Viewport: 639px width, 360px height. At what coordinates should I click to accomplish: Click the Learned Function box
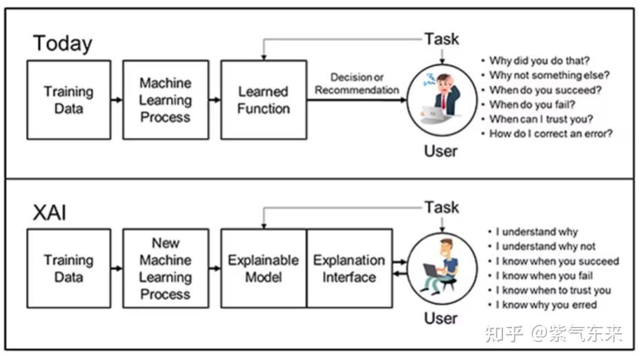coord(263,100)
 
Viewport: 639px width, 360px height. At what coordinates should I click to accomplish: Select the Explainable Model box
coord(263,268)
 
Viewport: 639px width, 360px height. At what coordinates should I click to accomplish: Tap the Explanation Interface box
coord(349,268)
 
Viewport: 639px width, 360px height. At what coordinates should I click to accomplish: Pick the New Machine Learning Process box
coord(166,268)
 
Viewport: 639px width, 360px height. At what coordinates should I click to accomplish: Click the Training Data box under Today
coord(68,100)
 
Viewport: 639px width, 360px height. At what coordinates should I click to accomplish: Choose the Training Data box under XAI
coord(68,268)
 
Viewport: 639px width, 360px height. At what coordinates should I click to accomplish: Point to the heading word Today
coord(63,43)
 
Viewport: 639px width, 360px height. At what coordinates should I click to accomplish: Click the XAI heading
coord(50,212)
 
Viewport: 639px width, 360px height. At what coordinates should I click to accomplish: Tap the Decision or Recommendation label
coord(357,83)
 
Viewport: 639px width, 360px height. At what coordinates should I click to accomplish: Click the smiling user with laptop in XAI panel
coord(442,268)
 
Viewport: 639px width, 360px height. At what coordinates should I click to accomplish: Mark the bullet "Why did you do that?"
coord(540,61)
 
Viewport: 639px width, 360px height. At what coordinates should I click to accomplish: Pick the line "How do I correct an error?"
coord(551,134)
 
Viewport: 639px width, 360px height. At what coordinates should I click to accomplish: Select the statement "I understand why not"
coord(545,246)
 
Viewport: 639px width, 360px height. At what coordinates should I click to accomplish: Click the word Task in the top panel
coord(442,39)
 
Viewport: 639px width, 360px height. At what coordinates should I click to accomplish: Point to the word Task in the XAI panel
coord(442,207)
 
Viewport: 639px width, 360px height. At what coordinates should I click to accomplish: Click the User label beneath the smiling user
coord(441,319)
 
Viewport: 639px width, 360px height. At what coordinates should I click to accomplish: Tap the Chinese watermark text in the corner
coord(553,334)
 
